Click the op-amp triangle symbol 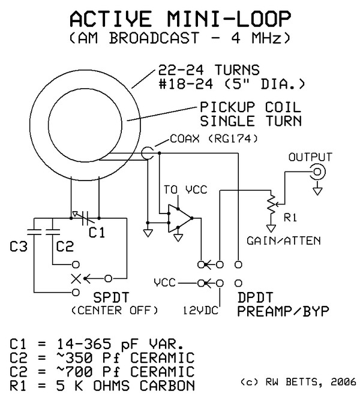tap(181, 219)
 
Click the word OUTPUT tap(310, 157)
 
